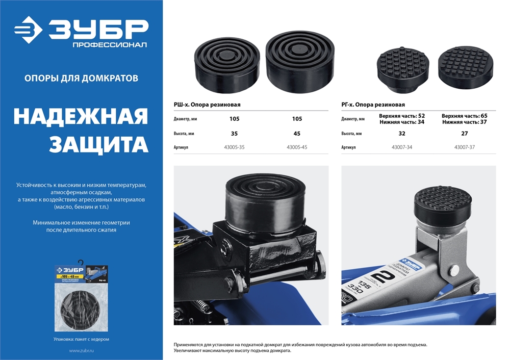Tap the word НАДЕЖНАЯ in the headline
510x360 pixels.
click(x=81, y=117)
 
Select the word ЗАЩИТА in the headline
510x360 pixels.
click(x=98, y=144)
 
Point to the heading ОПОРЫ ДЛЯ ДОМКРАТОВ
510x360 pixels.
click(x=81, y=79)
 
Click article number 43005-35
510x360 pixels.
click(x=234, y=147)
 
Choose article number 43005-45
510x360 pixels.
click(x=297, y=147)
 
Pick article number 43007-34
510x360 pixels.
click(x=401, y=147)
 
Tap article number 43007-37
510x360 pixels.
click(x=464, y=147)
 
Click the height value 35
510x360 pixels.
click(x=234, y=133)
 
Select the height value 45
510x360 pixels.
click(x=297, y=133)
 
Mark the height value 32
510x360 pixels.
click(x=401, y=133)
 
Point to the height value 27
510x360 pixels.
click(x=464, y=133)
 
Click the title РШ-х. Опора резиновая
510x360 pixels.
click(x=207, y=105)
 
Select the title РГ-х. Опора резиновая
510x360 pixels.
click(x=373, y=105)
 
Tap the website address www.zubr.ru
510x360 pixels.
click(x=81, y=351)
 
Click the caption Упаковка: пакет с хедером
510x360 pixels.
click(x=81, y=339)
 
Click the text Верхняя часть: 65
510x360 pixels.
click(x=464, y=116)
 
